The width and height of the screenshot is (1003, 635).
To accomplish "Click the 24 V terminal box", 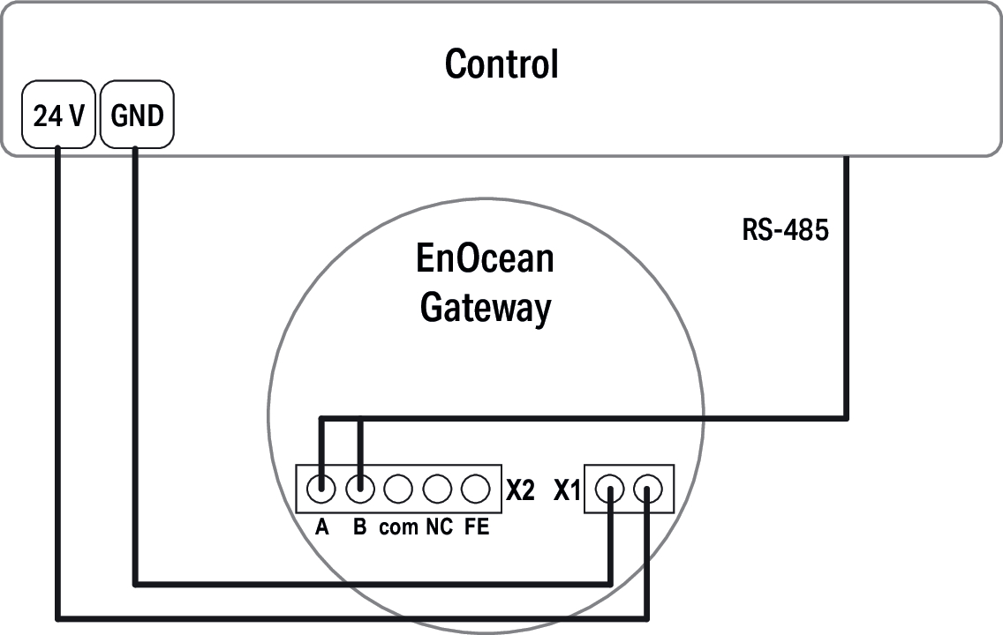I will click(x=57, y=115).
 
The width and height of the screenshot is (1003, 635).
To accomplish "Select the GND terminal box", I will click(x=138, y=115).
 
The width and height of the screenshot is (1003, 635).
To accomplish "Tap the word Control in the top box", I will click(x=501, y=63).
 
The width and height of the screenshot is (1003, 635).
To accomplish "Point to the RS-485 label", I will click(x=785, y=232).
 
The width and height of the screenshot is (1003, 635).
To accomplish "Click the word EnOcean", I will click(x=485, y=259).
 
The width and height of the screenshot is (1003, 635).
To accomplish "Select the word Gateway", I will click(x=485, y=308).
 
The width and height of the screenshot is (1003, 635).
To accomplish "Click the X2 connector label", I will click(x=521, y=490).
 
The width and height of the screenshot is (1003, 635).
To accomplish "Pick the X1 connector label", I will click(x=566, y=490).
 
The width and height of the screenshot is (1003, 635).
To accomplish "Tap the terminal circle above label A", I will click(x=322, y=488).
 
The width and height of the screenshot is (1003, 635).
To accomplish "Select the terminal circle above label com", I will click(x=398, y=488).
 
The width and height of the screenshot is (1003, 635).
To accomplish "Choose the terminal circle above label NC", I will click(x=437, y=488).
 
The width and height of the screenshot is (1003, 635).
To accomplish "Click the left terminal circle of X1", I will click(x=610, y=488).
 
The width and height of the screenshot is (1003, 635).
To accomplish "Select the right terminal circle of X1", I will click(x=649, y=488).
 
